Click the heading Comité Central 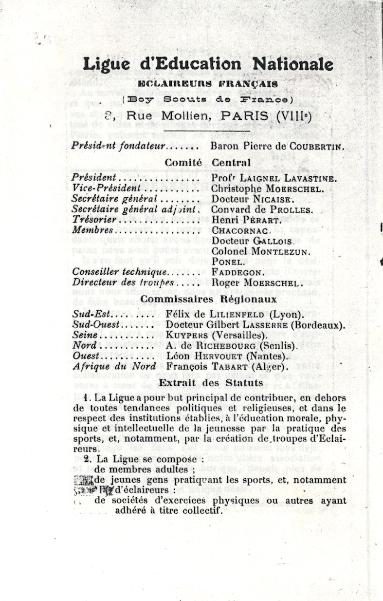[x=208, y=162]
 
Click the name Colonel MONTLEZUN [x=261, y=251]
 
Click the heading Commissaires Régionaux [x=209, y=299]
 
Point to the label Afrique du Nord [x=114, y=366]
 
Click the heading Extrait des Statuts [x=211, y=383]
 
